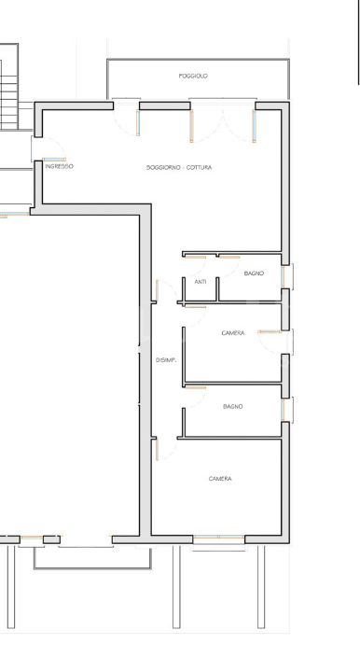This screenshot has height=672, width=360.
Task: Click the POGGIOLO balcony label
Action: pos(193,76)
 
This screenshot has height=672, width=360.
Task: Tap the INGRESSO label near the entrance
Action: pos(59,167)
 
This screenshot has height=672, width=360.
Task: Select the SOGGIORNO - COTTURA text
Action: pos(178,168)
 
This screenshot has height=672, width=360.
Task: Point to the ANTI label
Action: pos(201,281)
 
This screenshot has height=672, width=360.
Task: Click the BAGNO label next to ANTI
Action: pos(254,273)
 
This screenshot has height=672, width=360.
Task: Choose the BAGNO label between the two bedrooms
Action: pos(233,407)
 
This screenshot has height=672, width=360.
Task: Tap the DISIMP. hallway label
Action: pos(167,359)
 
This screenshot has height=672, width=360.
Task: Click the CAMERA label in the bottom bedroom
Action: pos(220,479)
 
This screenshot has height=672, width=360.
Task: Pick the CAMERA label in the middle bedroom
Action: pos(233,333)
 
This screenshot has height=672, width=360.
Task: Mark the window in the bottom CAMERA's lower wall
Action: pos(219,539)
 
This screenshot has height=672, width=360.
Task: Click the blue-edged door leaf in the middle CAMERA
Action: pos(270,331)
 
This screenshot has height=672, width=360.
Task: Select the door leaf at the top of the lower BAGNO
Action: pos(195,386)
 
